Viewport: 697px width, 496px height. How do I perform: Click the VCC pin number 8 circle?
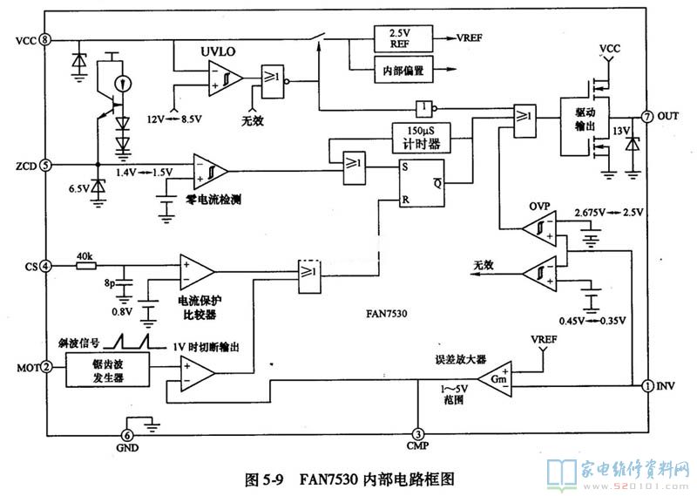pos(44,40)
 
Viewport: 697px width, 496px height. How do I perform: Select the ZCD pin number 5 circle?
pos(44,164)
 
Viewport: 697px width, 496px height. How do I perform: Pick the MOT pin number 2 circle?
pos(44,367)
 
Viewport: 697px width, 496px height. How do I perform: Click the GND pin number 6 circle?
pos(127,436)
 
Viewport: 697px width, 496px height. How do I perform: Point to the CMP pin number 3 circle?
pos(418,435)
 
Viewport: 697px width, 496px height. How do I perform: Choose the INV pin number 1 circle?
pos(647,385)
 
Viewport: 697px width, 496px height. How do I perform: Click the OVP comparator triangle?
pos(541,228)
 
